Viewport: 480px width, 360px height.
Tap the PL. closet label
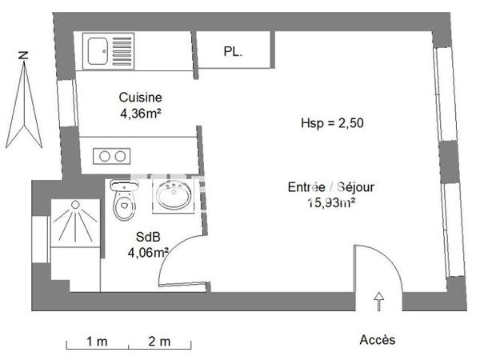point(233,53)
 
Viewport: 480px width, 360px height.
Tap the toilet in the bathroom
point(123,202)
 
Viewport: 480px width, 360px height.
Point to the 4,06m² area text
point(148,253)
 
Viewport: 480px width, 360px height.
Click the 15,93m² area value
point(332,202)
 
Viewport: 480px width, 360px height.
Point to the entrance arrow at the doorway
point(378,302)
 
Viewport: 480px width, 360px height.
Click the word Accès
point(377,340)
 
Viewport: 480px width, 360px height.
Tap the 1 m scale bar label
point(98,342)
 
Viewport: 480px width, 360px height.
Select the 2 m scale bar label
point(160,342)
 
